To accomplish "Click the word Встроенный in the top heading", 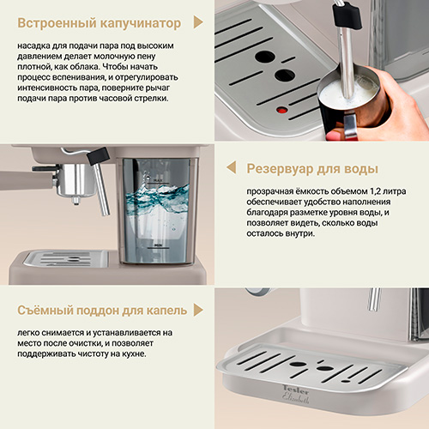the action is click(56, 23).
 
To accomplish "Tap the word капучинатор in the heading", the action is click(141, 24).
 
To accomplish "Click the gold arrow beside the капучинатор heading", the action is click(198, 22).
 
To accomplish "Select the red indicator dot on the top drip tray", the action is click(282, 110).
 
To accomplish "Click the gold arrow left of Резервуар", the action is click(232, 167).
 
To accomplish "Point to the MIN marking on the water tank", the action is click(158, 245).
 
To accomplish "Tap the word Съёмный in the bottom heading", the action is click(45, 311).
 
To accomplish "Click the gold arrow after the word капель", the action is click(198, 310).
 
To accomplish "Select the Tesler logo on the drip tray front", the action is click(296, 390).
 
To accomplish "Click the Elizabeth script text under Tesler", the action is click(296, 398).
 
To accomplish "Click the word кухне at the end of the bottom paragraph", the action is click(134, 353).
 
